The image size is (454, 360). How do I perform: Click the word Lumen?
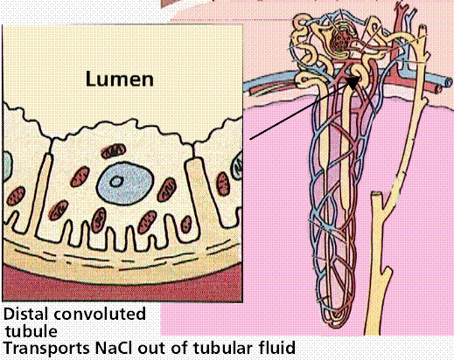click(120, 79)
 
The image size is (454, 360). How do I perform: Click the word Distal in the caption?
click(25, 314)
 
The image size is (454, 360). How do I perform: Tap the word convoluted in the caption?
click(100, 314)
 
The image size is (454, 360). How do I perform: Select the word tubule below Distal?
click(31, 331)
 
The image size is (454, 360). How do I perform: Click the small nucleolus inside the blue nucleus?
click(116, 182)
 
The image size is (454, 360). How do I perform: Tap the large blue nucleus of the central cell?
click(125, 183)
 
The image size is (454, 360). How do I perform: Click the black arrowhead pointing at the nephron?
click(353, 83)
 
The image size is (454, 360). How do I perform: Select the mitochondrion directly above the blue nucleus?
click(114, 151)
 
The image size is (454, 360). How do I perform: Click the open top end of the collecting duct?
click(423, 28)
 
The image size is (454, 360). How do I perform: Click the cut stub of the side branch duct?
click(376, 193)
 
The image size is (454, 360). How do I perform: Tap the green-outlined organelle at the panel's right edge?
click(237, 168)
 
